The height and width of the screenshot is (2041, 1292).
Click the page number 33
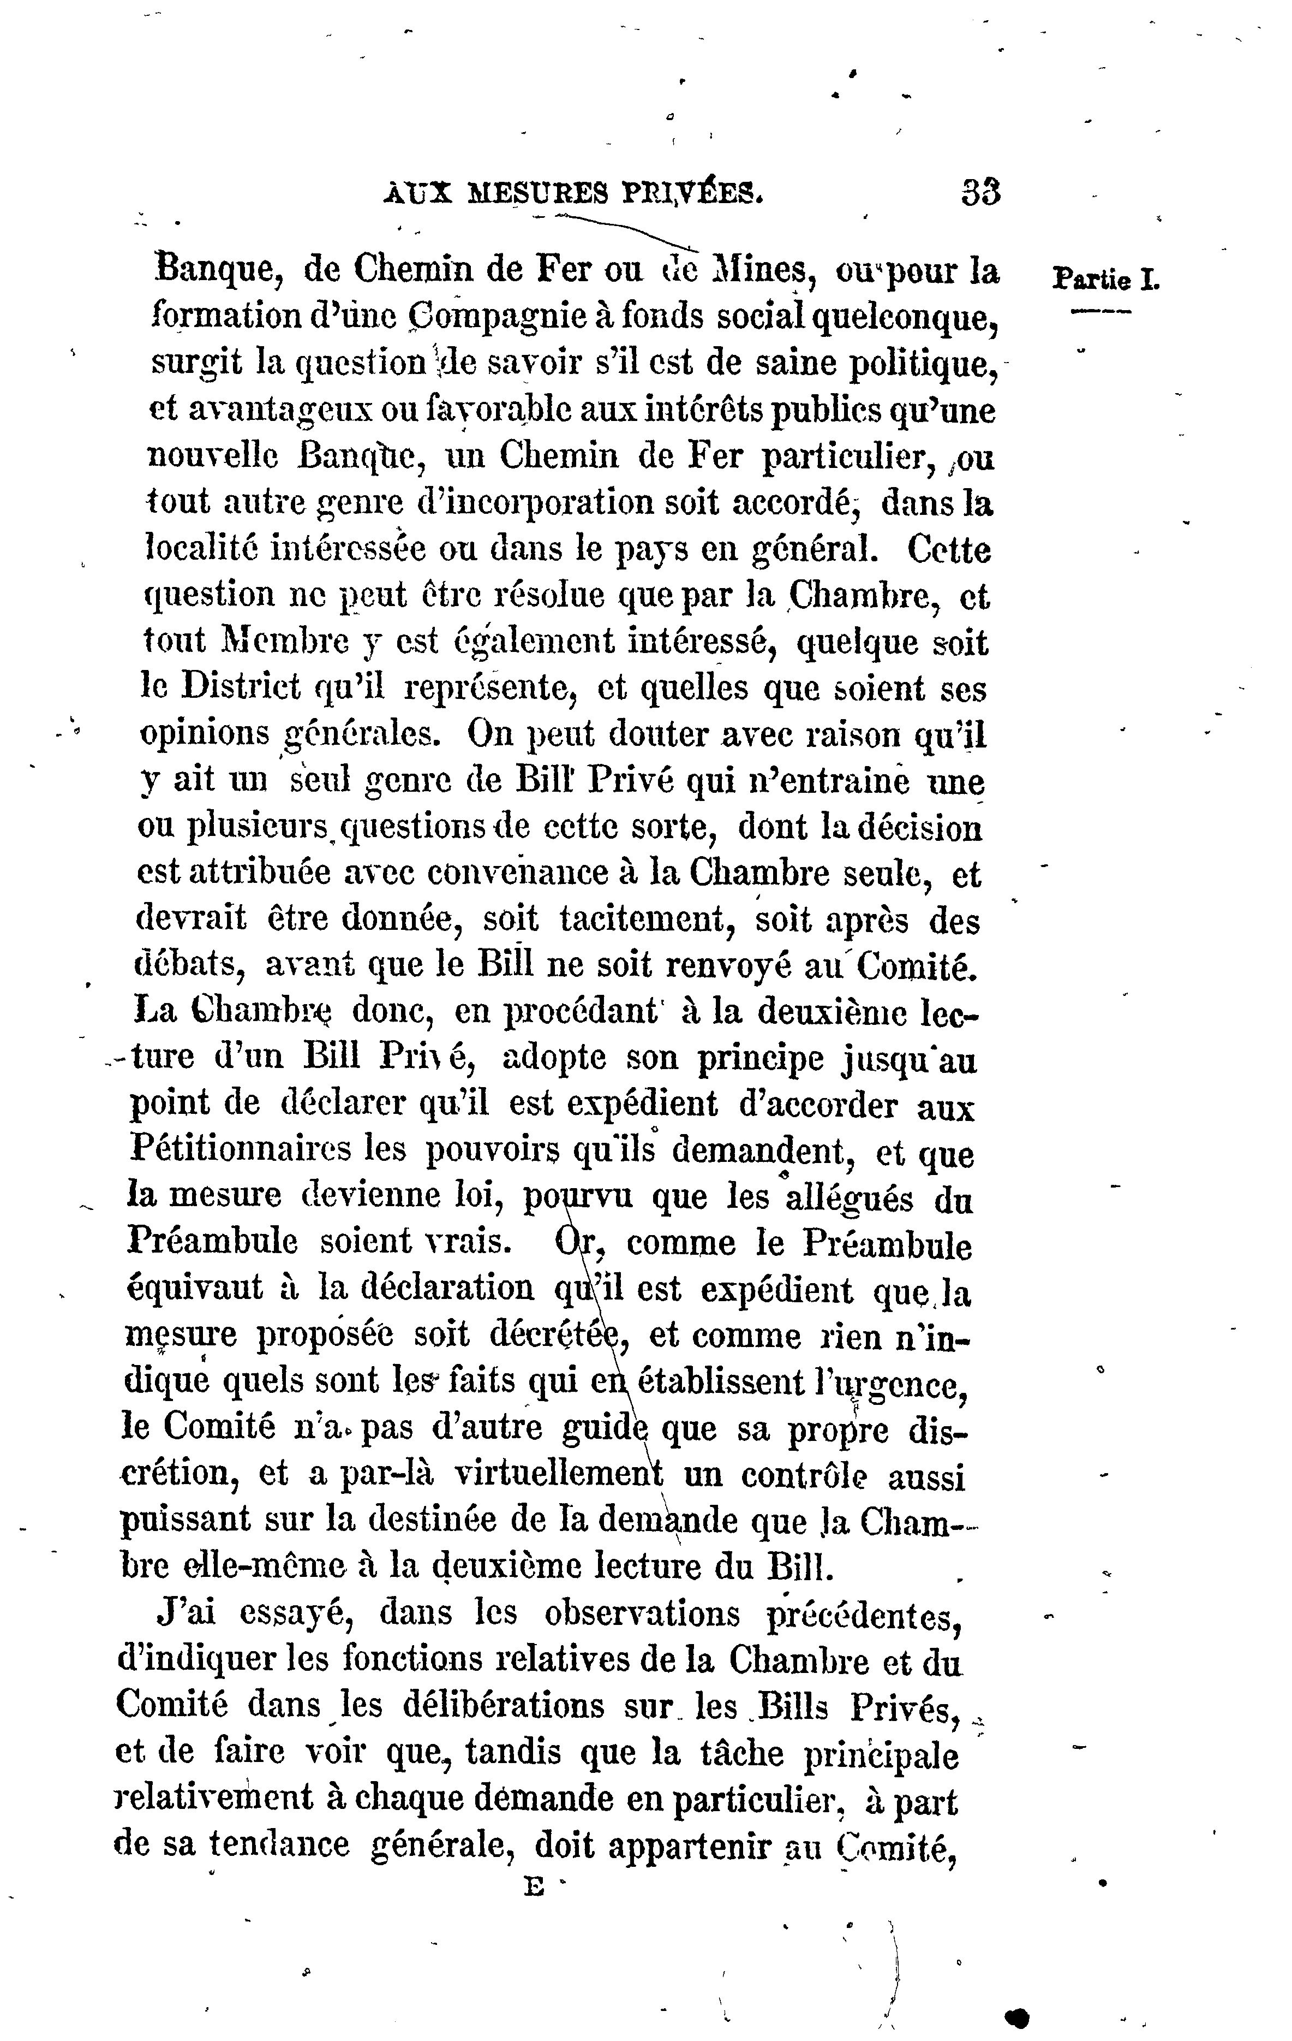pos(981,192)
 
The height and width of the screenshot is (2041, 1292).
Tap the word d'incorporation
pos(534,503)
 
